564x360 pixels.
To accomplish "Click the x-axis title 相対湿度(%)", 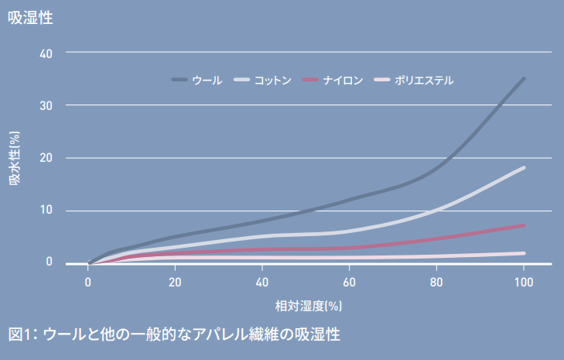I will [x=308, y=306].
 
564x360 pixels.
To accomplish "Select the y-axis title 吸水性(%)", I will [x=15, y=159].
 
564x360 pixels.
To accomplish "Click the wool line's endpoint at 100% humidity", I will [x=524, y=79].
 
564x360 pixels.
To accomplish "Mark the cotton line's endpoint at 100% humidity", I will [x=524, y=168].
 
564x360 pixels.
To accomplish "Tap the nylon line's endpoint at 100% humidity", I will [x=524, y=225].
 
